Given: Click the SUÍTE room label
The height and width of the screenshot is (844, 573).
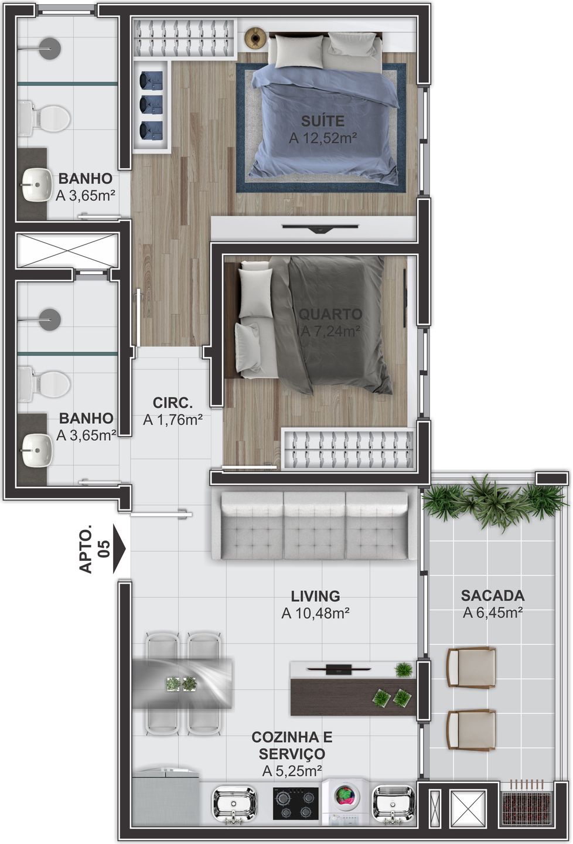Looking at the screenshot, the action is (x=323, y=121).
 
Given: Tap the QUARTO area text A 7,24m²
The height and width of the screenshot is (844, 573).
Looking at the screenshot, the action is (x=331, y=331).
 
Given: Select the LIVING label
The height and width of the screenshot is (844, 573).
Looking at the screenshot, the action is (x=315, y=596).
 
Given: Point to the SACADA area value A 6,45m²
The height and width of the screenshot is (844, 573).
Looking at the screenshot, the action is (x=493, y=612).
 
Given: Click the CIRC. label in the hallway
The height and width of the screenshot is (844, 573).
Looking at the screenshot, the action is (x=172, y=403).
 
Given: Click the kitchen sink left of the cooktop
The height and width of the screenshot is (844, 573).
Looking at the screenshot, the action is (x=234, y=803).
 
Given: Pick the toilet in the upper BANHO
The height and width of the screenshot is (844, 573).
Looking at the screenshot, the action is (x=45, y=118).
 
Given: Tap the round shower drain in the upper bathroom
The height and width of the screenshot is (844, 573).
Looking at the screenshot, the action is (x=50, y=48).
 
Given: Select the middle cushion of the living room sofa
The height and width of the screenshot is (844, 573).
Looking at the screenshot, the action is (x=314, y=525).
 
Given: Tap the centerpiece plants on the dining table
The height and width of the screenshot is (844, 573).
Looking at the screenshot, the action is (x=181, y=683).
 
